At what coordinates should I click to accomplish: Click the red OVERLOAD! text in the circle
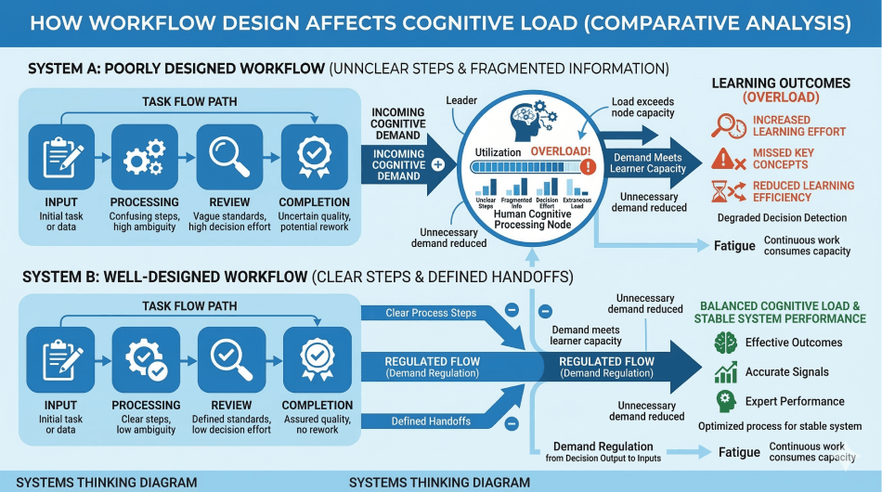pos(559,150)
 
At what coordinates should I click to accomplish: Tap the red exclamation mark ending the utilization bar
pos(587,167)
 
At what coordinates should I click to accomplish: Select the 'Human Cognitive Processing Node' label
pos(533,220)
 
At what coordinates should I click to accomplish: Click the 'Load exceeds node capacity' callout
pos(643,107)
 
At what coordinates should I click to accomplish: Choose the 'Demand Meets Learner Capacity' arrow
pos(648,162)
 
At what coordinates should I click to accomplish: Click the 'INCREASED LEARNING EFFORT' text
pos(785,126)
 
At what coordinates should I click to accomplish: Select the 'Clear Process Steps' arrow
pos(431,313)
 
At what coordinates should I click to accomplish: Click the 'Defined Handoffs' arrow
pos(430,421)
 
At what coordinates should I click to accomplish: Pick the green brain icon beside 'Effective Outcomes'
pos(725,343)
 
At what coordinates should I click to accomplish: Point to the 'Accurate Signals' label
pos(785,372)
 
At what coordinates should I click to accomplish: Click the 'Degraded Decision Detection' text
pos(782,217)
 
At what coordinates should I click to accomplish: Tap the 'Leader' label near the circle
pos(460,99)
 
